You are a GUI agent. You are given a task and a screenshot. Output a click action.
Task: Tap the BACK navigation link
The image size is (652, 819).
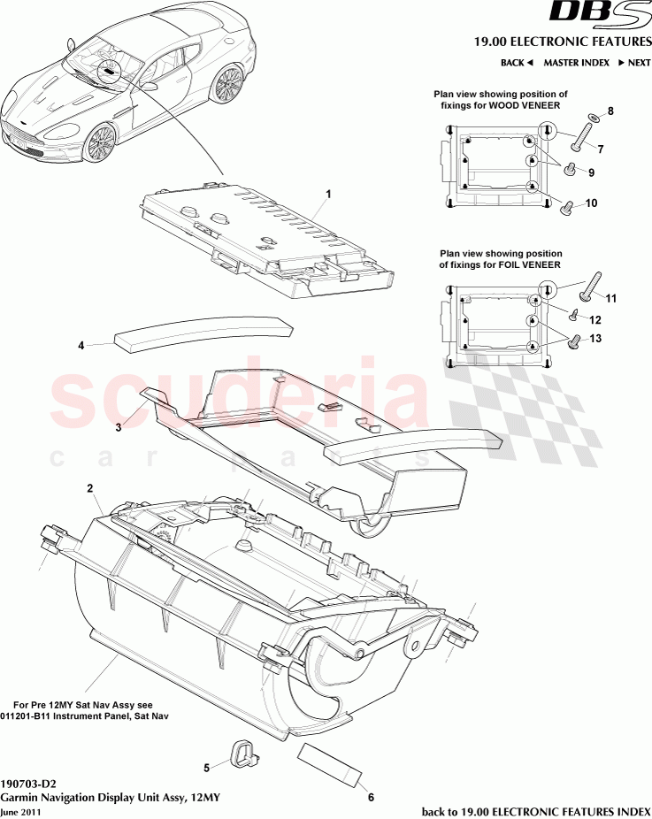tap(516, 63)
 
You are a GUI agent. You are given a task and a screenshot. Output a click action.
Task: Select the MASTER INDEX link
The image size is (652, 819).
tap(576, 63)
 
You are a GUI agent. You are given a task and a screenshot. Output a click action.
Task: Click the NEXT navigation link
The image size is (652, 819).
tap(634, 63)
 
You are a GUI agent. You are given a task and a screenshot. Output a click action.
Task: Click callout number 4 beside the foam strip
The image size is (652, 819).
tap(81, 346)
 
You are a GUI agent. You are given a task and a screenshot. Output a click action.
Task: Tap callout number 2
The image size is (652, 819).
tap(89, 487)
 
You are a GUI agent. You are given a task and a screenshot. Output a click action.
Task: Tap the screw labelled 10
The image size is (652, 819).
tap(567, 208)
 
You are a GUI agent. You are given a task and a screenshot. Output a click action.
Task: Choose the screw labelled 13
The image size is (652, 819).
tap(574, 339)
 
